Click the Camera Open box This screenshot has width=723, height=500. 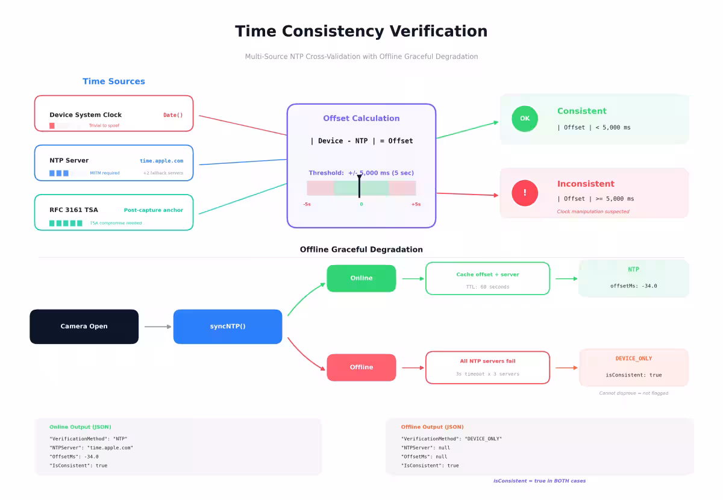click(84, 327)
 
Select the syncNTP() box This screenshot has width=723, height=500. click(228, 327)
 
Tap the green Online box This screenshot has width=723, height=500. click(361, 278)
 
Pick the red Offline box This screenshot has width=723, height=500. click(361, 367)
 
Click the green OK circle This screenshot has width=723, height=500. click(525, 119)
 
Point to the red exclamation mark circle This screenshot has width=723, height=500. click(525, 193)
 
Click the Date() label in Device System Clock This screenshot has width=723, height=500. click(173, 115)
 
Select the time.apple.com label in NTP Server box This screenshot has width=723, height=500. click(161, 161)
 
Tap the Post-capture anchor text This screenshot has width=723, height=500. click(153, 210)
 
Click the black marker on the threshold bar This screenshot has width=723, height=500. click(359, 187)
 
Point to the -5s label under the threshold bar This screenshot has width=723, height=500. click(307, 204)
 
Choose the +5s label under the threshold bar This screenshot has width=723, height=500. click(416, 204)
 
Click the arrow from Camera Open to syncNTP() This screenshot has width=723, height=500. click(158, 327)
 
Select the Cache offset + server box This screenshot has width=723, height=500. click(487, 278)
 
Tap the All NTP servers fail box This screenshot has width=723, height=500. click(487, 367)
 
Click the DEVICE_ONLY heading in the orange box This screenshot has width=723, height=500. click(633, 358)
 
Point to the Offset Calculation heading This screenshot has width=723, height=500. click(361, 119)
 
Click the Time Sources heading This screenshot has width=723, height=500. click(114, 81)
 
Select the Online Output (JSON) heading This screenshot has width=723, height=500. click(80, 427)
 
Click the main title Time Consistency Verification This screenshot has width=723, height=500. click(361, 31)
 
